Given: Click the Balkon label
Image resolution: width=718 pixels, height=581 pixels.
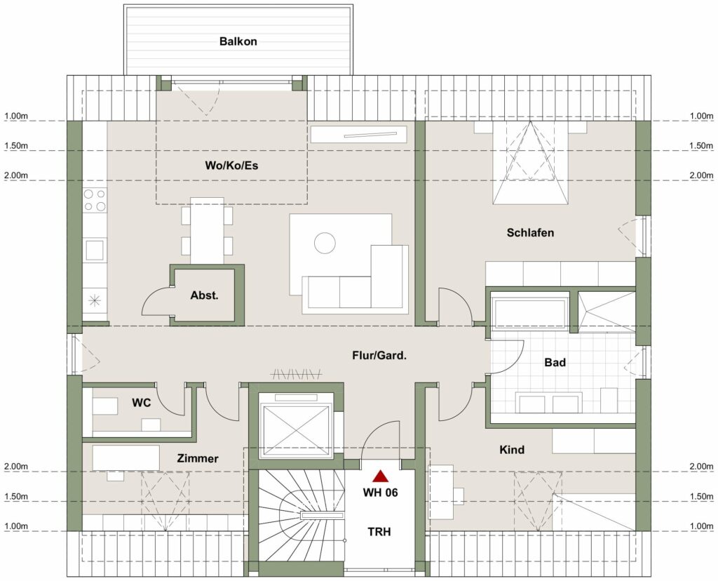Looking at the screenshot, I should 238,41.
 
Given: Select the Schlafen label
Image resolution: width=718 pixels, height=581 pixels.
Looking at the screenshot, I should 530,232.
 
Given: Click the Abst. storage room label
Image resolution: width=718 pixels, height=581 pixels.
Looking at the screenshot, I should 204,295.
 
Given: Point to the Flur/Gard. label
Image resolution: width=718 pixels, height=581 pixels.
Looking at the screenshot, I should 379,355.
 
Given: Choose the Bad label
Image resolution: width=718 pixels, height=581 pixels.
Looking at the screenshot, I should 555,363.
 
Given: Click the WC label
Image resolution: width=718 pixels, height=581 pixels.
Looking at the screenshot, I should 142,403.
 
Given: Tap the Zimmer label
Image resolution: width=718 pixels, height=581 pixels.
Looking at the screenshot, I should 197,458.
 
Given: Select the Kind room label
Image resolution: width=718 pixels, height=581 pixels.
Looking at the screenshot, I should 512,449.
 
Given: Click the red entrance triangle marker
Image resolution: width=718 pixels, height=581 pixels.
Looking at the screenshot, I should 380,476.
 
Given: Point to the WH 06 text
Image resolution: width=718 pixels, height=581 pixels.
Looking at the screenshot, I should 380,493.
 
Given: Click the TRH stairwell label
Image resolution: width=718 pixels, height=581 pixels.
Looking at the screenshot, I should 380,531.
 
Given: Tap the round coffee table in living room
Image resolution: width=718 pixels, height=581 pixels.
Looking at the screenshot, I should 325,243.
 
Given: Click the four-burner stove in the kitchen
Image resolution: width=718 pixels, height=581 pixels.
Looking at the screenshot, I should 95,200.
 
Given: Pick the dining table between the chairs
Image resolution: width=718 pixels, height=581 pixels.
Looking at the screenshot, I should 207,232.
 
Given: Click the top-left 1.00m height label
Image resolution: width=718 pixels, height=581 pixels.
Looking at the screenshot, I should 15,116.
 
